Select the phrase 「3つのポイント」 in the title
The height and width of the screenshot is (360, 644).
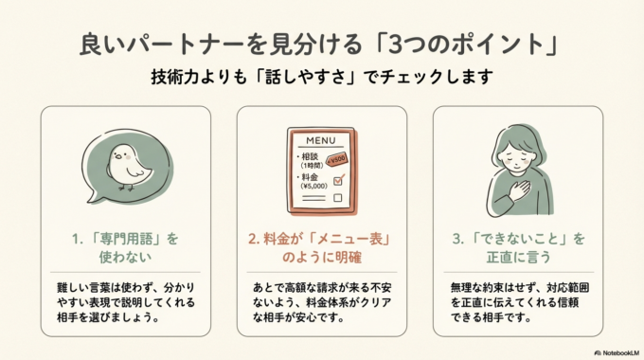pos(482,45)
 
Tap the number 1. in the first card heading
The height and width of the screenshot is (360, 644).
pos(80,239)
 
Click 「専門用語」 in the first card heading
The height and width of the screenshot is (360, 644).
pos(118,239)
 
